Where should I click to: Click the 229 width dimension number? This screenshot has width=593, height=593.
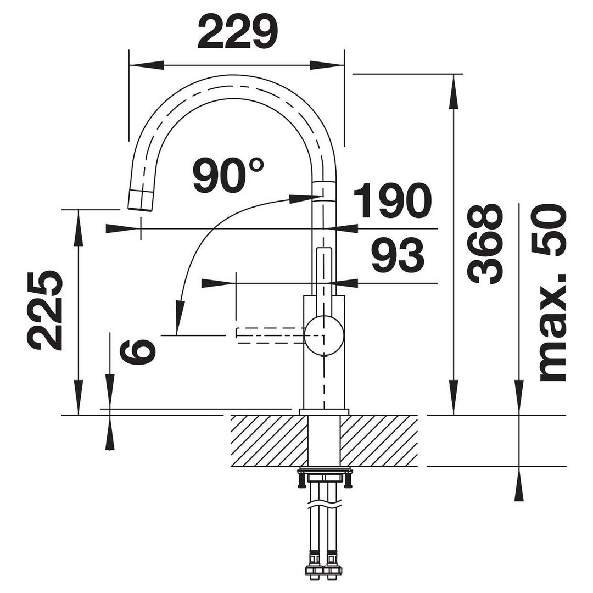point(238,32)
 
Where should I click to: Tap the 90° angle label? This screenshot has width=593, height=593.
point(228,175)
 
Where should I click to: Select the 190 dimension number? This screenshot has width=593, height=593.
point(393,201)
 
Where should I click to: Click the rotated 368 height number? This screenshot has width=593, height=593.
point(485,244)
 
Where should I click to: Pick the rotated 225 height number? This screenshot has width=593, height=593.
point(44,310)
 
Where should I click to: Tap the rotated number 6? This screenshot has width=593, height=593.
point(138,351)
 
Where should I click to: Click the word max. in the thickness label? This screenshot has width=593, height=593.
point(552,327)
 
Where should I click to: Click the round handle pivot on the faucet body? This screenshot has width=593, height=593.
point(324,336)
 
